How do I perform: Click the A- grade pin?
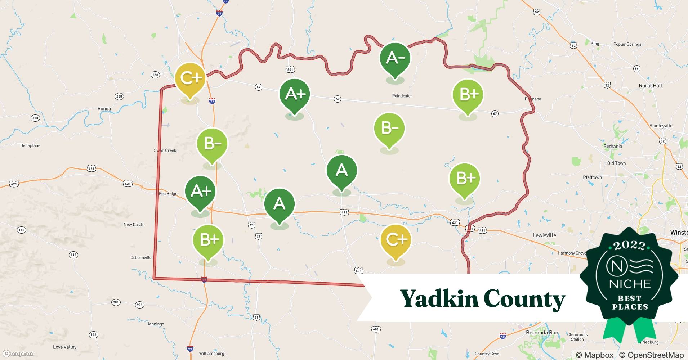point(395,58)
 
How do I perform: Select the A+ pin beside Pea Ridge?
point(200,191)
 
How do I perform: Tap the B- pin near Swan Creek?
point(212,144)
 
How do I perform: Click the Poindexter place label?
point(402,96)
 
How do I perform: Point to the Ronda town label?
point(104,109)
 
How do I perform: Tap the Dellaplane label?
point(30,145)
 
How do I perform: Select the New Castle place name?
point(134,225)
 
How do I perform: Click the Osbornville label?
point(141,258)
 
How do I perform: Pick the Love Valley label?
point(65,347)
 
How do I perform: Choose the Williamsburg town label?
point(211,354)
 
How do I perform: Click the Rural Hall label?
point(650,86)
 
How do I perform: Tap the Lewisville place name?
point(544,235)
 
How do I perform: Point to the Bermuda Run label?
point(542,333)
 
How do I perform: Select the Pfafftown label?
point(592,177)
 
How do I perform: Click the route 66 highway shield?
point(636,68)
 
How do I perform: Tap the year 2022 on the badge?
point(629,246)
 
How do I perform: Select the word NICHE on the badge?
point(630,284)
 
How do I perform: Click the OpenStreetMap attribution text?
point(651,355)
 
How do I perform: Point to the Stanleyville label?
point(661,126)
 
